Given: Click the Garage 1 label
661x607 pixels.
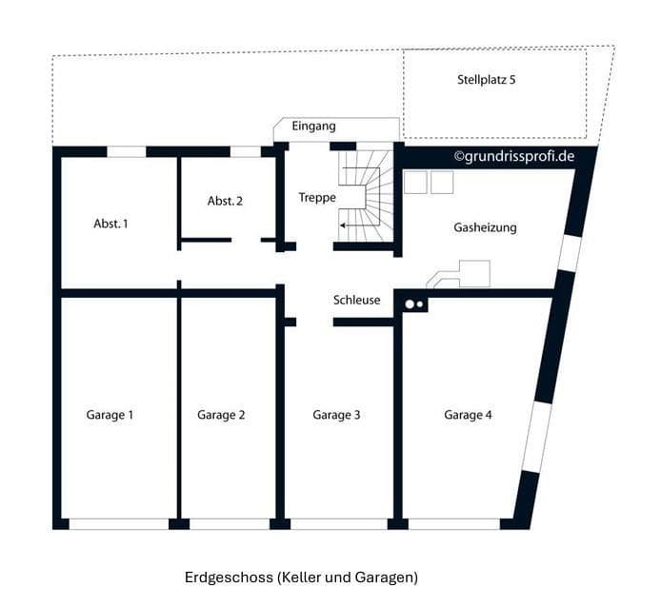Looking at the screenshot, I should pyautogui.click(x=110, y=415).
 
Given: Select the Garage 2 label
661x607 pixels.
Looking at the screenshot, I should pyautogui.click(x=221, y=415).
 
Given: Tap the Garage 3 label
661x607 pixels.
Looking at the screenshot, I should pyautogui.click(x=336, y=415).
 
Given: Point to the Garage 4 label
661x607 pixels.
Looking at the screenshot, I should pyautogui.click(x=468, y=415).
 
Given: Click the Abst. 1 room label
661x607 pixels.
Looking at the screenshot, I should pyautogui.click(x=110, y=224).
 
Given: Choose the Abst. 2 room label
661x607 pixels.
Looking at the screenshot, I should pyautogui.click(x=225, y=201).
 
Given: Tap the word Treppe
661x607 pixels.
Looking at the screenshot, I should pyautogui.click(x=316, y=198).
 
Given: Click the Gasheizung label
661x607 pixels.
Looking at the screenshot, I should pyautogui.click(x=485, y=227).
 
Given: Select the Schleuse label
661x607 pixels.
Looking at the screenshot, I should pyautogui.click(x=356, y=300).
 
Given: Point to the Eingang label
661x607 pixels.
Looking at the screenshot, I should pyautogui.click(x=313, y=126).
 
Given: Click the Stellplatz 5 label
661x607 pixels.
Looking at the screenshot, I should pyautogui.click(x=486, y=80).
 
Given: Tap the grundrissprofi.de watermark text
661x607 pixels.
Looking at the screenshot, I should pyautogui.click(x=513, y=155).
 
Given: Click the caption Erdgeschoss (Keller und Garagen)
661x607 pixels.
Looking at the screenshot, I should pyautogui.click(x=301, y=577).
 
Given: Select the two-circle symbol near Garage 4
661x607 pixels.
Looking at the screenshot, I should pyautogui.click(x=414, y=304).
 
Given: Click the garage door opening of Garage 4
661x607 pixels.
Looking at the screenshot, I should pyautogui.click(x=453, y=523).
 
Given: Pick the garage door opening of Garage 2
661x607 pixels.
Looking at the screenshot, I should pyautogui.click(x=229, y=523).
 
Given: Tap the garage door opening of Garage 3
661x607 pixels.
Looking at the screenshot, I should pyautogui.click(x=338, y=523).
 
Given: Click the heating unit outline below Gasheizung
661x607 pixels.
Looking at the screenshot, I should pyautogui.click(x=461, y=276).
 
